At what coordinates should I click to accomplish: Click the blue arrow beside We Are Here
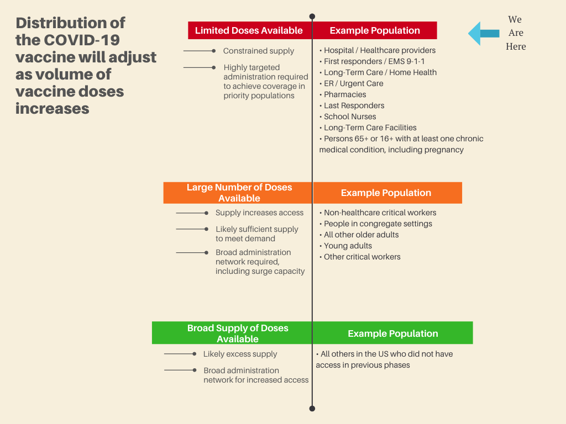click(484, 34)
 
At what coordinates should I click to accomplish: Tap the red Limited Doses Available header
click(250, 30)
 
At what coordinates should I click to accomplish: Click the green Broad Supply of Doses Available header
click(232, 333)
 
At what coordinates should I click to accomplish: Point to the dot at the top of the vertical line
click(312, 17)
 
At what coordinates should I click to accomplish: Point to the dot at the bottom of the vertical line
click(312, 409)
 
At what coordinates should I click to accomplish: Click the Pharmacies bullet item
click(343, 94)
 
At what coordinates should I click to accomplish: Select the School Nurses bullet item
click(348, 116)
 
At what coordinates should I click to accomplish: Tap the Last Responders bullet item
click(352, 105)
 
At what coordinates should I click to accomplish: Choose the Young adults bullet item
click(346, 246)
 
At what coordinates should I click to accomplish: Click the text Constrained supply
click(259, 51)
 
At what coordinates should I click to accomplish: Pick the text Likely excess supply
click(240, 354)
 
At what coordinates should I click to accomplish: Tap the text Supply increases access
click(260, 213)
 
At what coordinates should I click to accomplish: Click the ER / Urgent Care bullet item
click(352, 84)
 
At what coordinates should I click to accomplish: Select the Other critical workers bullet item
click(360, 257)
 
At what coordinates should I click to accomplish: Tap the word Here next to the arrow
click(516, 46)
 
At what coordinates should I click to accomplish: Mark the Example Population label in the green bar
click(393, 333)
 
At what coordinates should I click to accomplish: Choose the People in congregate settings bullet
click(376, 224)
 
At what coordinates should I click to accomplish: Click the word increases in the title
click(53, 109)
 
